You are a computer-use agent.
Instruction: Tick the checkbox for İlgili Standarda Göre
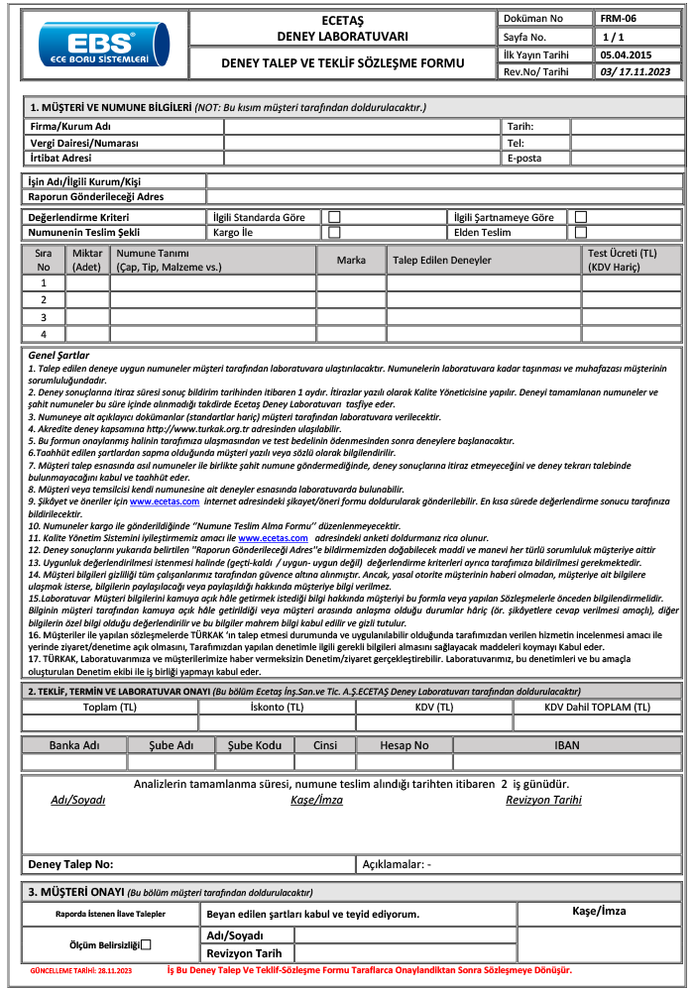click(335, 217)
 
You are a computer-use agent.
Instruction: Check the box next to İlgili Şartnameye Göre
click(581, 217)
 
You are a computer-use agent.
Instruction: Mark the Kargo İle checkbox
click(335, 232)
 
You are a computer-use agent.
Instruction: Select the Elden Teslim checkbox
click(581, 232)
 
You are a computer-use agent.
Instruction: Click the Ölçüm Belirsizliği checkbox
click(146, 944)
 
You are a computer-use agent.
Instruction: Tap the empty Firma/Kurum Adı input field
click(362, 126)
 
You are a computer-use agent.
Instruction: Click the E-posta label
click(523, 158)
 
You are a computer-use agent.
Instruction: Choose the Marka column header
click(351, 260)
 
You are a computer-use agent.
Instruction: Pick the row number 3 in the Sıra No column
click(44, 316)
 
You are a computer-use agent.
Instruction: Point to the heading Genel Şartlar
click(59, 355)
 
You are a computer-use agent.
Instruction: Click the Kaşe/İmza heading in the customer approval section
click(600, 910)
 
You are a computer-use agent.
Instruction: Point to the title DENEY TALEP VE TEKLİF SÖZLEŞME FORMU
click(343, 63)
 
